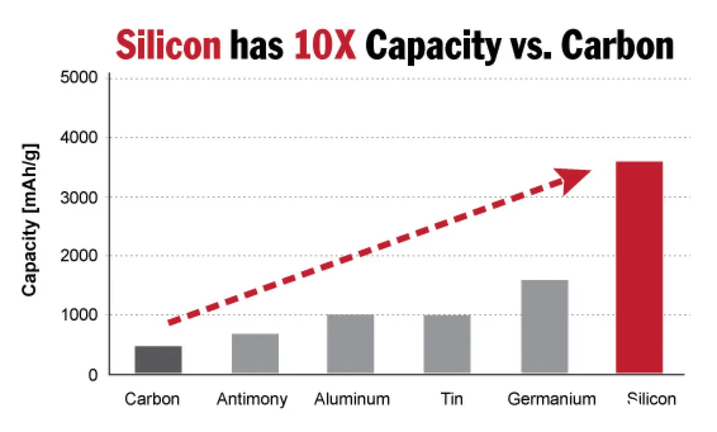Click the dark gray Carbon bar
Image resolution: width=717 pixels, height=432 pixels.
point(158,359)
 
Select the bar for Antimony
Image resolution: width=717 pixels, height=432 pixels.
point(255,353)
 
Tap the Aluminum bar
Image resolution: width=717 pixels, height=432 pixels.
point(350,343)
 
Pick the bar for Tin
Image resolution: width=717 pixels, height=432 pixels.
point(447,343)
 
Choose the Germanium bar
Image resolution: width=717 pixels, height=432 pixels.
point(544,326)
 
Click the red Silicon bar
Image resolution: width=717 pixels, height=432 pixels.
point(639,267)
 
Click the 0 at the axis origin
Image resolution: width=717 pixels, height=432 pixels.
point(92,374)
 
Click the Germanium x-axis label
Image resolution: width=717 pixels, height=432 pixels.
point(551,399)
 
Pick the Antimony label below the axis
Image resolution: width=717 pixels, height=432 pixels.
point(252,400)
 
